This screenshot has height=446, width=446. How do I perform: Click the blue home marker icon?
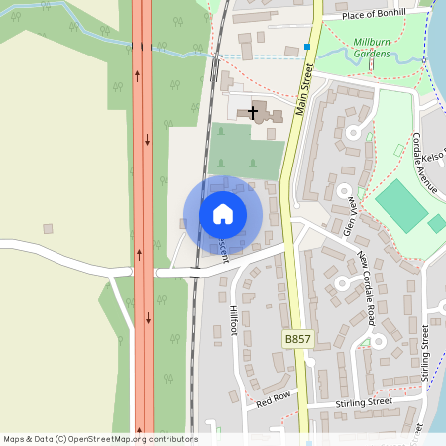223,214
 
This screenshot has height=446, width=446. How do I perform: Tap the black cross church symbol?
253,112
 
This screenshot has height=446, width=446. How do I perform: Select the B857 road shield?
297,339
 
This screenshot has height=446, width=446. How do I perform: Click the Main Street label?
304,91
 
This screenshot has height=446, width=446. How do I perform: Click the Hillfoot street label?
235,320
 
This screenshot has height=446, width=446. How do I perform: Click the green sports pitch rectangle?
401,204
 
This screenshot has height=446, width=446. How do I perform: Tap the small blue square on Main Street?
308,47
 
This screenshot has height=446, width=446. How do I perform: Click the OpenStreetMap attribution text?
100,439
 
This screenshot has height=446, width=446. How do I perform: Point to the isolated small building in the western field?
47,229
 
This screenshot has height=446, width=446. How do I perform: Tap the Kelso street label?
434,157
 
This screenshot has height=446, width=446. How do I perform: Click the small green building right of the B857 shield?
365,342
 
